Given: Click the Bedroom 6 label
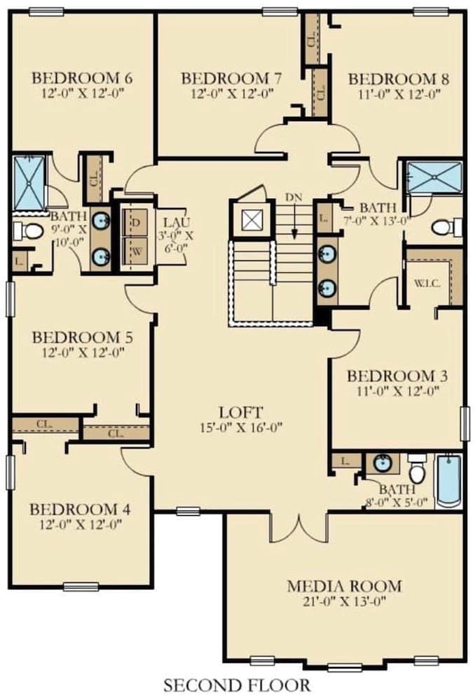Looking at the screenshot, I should click(83, 77).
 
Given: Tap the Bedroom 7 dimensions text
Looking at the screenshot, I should click(231, 94).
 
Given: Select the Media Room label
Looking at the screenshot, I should click(345, 585).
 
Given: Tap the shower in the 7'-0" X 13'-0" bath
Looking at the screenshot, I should click(435, 176).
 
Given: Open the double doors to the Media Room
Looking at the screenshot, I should click(299, 526).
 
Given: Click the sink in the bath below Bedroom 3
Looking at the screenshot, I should click(382, 463).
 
